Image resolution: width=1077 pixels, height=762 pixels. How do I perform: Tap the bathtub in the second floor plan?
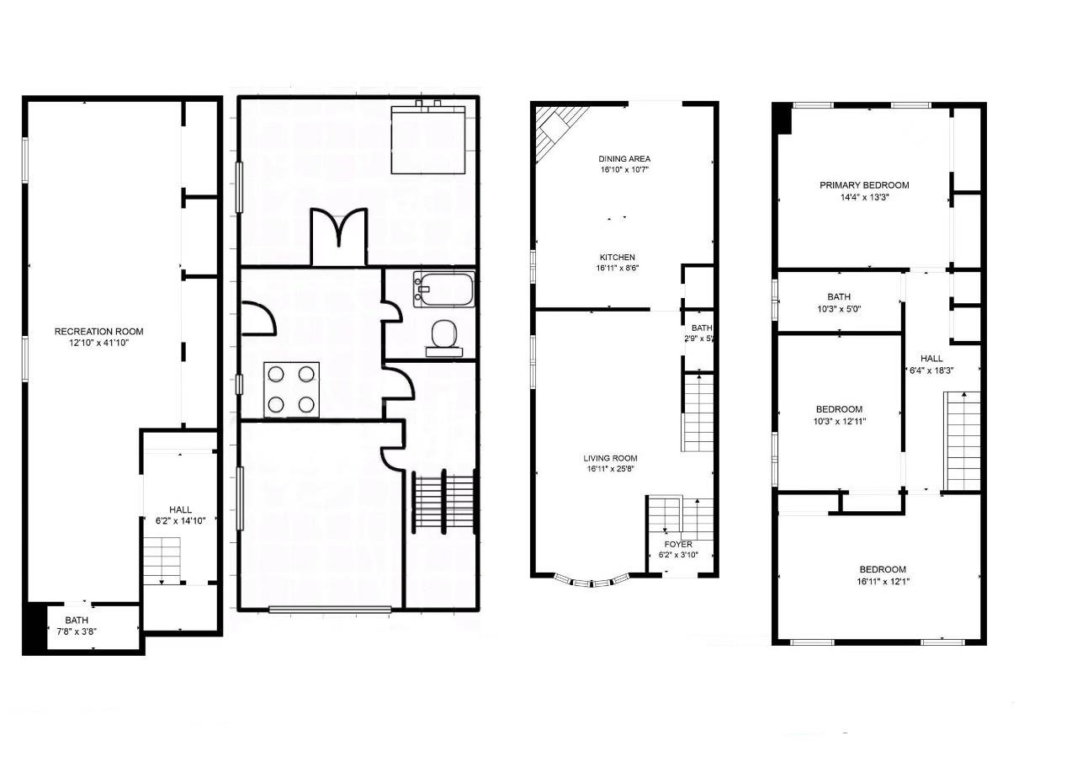443,289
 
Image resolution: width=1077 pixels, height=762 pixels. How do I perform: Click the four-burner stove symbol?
292,390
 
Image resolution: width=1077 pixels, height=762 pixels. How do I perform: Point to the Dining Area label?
624,158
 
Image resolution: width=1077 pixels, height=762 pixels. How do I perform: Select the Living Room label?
610,459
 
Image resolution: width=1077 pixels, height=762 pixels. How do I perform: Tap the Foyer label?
677,544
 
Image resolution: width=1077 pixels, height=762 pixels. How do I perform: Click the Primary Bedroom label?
864,185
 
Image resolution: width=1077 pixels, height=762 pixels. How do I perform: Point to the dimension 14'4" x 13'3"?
864,197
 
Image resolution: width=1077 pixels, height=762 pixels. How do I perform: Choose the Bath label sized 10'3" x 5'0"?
838,296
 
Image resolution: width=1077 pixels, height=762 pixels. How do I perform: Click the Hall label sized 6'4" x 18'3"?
930,358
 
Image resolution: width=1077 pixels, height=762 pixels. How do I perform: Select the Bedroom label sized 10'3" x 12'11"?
838,409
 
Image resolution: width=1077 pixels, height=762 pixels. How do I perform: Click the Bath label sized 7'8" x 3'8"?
77,620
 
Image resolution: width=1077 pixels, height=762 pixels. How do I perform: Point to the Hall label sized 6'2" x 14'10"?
180,509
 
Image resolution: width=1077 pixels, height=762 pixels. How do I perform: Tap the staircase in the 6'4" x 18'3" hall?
963,442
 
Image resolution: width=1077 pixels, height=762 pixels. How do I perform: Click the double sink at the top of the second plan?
429,107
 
